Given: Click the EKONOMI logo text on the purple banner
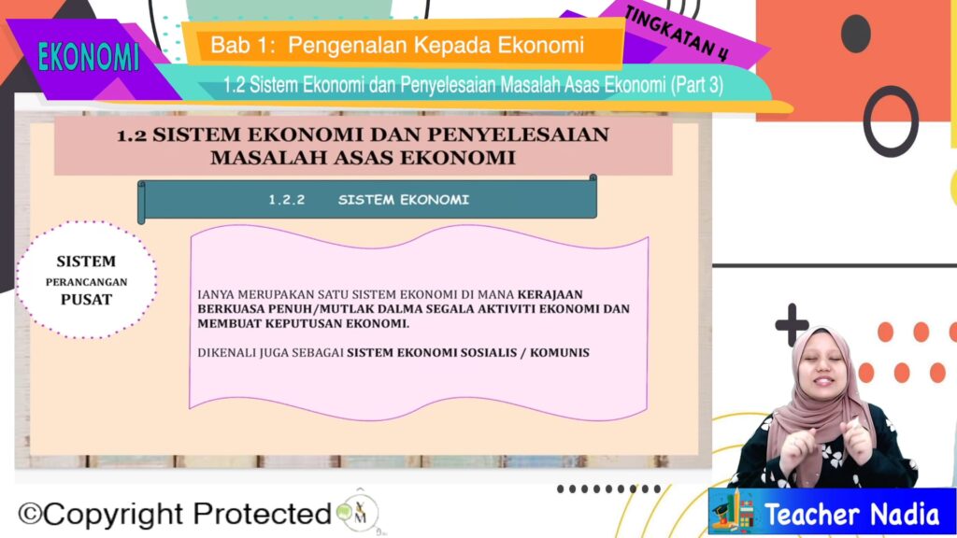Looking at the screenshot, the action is [89, 58].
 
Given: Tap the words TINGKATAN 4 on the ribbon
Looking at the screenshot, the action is [677, 34].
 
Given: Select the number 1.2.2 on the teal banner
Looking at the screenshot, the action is [287, 200].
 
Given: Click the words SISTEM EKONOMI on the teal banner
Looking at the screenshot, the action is [404, 200].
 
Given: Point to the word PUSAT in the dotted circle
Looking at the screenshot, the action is [86, 300].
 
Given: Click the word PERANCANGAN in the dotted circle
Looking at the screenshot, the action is [86, 282].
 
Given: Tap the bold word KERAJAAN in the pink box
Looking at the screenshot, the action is [550, 294].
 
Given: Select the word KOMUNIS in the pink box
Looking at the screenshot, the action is [560, 352].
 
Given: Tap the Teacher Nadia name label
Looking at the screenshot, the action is [852, 514].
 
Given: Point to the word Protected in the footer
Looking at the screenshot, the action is [263, 514].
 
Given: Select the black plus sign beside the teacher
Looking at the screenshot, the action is [792, 324].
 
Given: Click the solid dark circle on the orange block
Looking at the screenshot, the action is [856, 34].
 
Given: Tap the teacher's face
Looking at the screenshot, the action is [822, 366].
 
